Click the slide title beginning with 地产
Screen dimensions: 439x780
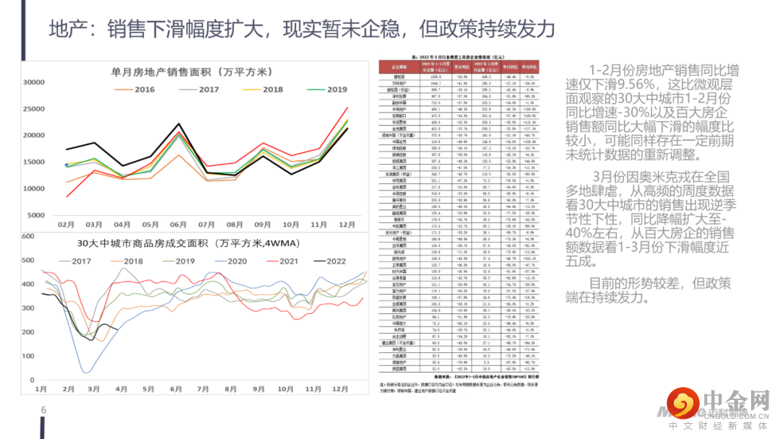[x=302, y=28]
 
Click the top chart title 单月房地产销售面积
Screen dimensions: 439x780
[x=191, y=71]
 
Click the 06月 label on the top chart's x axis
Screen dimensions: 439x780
[x=178, y=225]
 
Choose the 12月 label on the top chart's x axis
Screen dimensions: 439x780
[x=347, y=225]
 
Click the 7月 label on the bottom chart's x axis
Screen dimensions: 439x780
[x=203, y=388]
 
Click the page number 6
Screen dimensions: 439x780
[x=43, y=411]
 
